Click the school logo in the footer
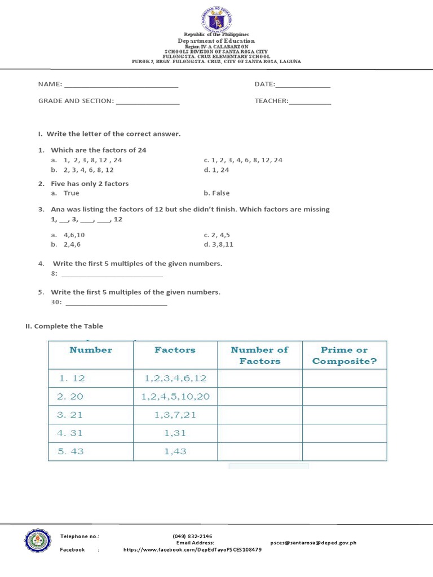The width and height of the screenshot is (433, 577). (x=38, y=542)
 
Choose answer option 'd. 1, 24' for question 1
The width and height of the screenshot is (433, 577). (x=216, y=170)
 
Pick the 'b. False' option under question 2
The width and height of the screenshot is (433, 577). (x=216, y=193)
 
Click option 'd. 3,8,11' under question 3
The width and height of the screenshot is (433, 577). (x=219, y=245)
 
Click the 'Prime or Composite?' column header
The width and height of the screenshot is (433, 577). (x=344, y=356)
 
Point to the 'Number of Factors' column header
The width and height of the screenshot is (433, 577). (x=259, y=356)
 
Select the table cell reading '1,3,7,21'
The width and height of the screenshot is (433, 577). (x=175, y=415)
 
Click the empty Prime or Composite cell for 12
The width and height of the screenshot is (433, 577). (x=344, y=379)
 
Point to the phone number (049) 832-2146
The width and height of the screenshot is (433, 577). (x=192, y=536)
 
